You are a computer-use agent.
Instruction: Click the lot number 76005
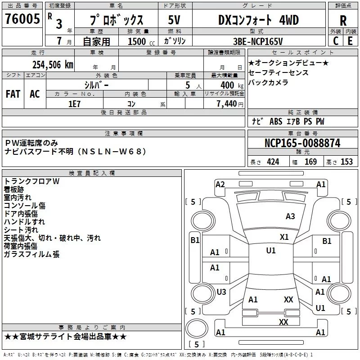(x=22, y=19)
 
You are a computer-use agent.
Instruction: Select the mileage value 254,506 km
(x=53, y=65)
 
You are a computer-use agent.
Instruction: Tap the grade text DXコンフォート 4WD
(x=258, y=20)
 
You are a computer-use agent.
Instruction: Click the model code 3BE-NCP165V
(x=258, y=41)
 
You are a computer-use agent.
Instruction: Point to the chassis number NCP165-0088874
(x=302, y=143)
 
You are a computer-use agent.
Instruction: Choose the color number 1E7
(x=74, y=104)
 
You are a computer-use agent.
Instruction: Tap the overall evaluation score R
(x=343, y=21)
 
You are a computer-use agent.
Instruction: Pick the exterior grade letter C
(x=336, y=41)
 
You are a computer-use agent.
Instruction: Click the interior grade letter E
(x=350, y=41)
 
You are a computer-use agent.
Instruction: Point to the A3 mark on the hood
(x=290, y=216)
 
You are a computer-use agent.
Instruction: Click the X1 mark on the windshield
(x=284, y=237)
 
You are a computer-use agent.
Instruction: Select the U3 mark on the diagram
(x=221, y=292)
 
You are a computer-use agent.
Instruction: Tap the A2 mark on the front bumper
(x=220, y=184)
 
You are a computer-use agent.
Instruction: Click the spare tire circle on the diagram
(x=197, y=328)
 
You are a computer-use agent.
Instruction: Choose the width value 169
(x=310, y=162)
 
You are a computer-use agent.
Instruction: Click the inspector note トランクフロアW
(x=31, y=181)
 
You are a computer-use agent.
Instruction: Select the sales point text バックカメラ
(x=268, y=82)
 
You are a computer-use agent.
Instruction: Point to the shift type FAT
(x=13, y=94)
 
